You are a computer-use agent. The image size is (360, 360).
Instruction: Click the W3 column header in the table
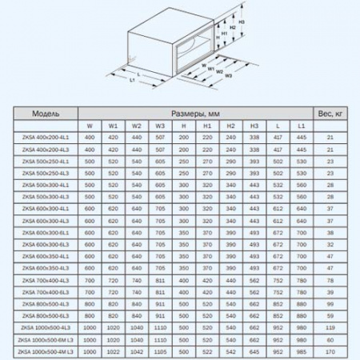point(160,126)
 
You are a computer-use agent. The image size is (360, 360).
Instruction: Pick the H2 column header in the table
point(230,126)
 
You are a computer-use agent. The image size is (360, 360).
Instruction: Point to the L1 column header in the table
point(300,126)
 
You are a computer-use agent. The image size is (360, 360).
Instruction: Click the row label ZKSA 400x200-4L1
point(44,138)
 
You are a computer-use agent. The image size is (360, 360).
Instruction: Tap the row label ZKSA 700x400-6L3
point(44,291)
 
